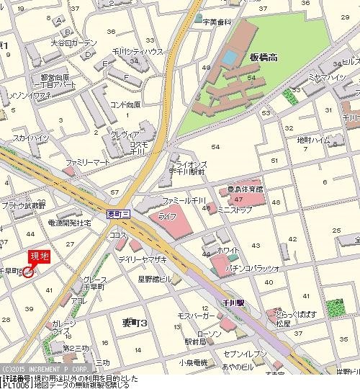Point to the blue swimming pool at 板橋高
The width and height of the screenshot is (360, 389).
(x=229, y=55)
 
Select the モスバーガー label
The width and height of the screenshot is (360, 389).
(x=194, y=316)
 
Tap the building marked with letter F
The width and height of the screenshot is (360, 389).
(x=127, y=77)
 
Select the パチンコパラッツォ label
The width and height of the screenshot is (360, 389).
(x=258, y=268)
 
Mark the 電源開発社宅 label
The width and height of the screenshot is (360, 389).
(x=69, y=224)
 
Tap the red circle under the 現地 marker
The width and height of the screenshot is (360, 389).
(x=29, y=272)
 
